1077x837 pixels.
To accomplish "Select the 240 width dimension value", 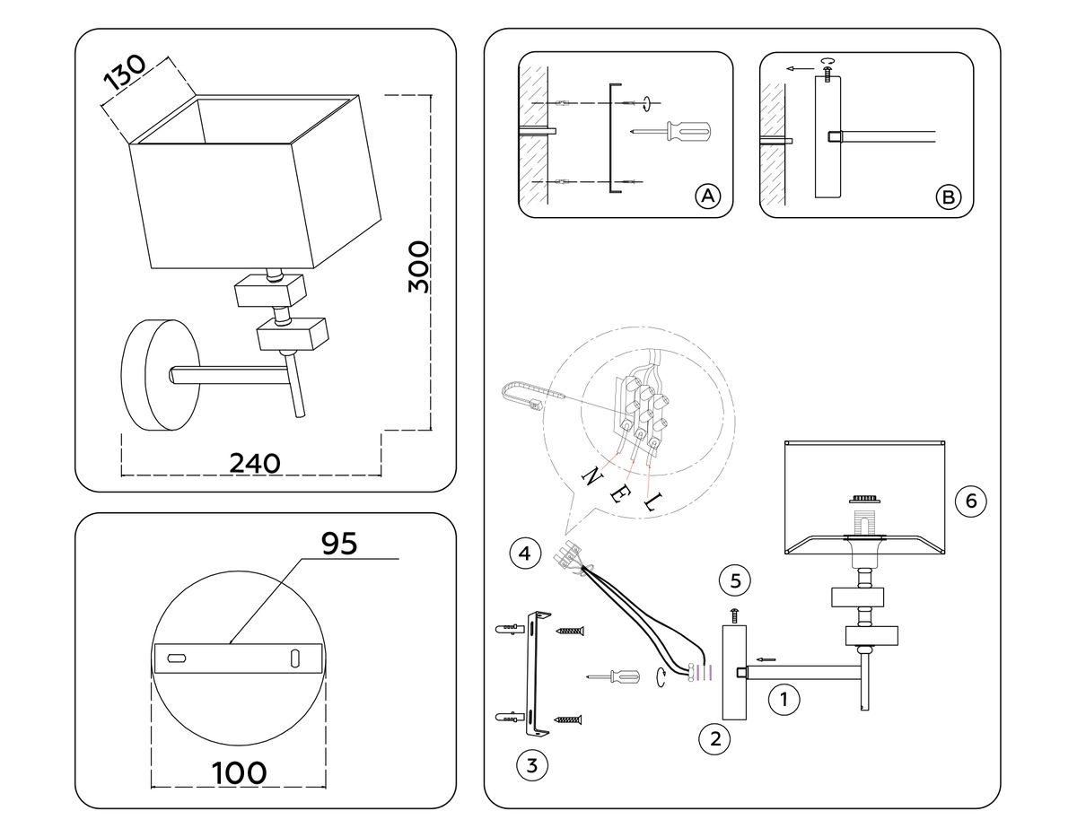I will pyautogui.click(x=255, y=463).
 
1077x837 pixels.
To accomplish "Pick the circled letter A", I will pyautogui.click(x=708, y=196).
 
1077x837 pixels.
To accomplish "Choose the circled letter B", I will pyautogui.click(x=948, y=197).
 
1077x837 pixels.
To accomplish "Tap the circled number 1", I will pyautogui.click(x=785, y=699).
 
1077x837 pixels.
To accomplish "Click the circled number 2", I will pyautogui.click(x=715, y=738).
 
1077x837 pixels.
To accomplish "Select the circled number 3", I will pyautogui.click(x=532, y=765).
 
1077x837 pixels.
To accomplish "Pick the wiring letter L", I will pyautogui.click(x=651, y=503).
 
